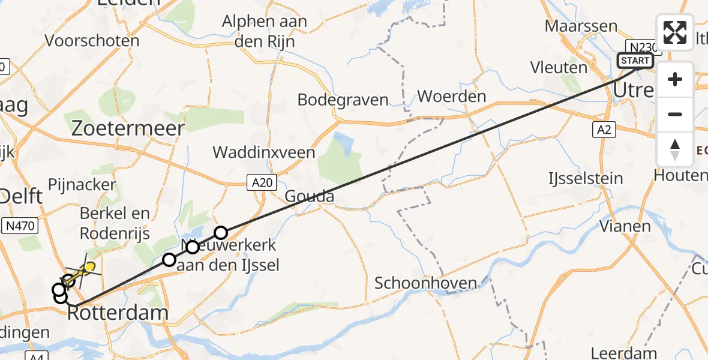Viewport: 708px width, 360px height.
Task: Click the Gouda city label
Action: pyautogui.click(x=309, y=196)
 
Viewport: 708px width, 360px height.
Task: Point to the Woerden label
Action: pyautogui.click(x=451, y=96)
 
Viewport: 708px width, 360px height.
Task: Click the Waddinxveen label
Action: pyautogui.click(x=264, y=152)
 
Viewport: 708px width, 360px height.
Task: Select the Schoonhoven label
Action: pyautogui.click(x=425, y=283)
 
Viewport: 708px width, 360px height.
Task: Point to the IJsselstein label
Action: pyautogui.click(x=585, y=178)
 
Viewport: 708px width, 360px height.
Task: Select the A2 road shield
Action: pyautogui.click(x=604, y=130)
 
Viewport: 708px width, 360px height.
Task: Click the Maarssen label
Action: pyautogui.click(x=581, y=26)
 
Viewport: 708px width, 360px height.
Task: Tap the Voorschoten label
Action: pyautogui.click(x=92, y=41)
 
